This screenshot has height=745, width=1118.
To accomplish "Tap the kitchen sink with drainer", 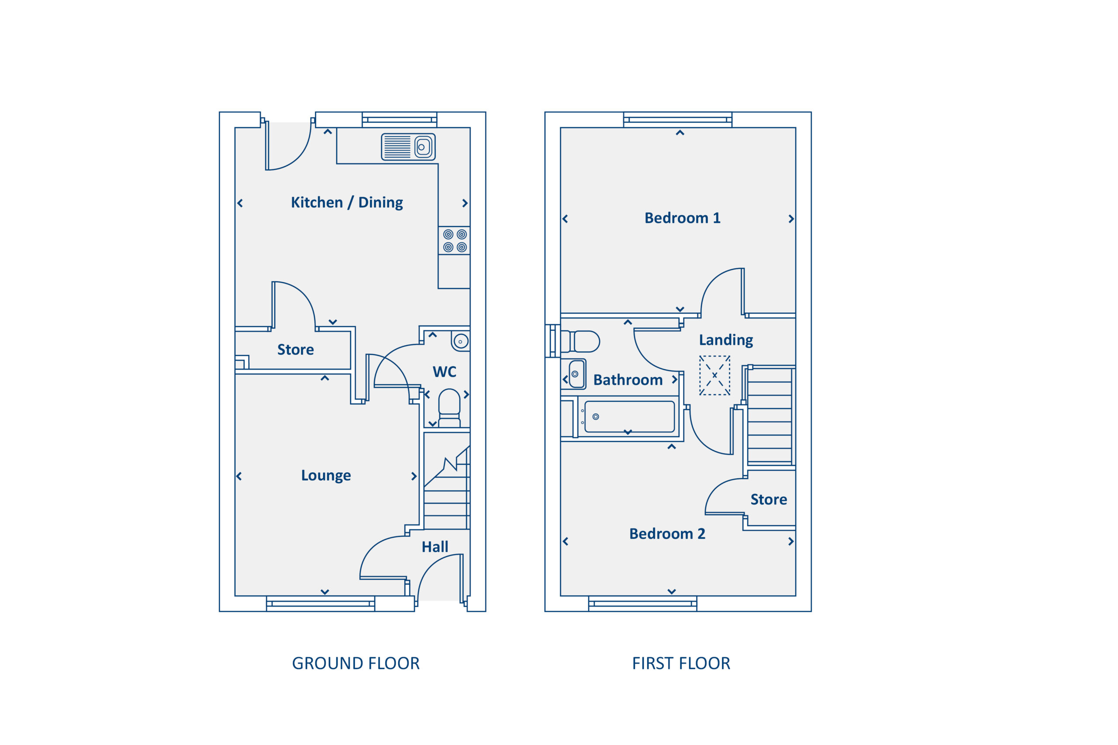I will [x=408, y=147].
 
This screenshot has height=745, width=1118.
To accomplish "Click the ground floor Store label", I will [x=295, y=350].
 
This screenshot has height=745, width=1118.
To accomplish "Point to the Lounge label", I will [x=326, y=475].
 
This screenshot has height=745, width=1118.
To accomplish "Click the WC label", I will [x=444, y=371].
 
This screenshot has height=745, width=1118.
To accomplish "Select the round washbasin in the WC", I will [x=460, y=341].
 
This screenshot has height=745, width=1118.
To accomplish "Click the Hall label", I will [x=435, y=547].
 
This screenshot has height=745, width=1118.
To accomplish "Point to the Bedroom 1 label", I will [x=682, y=218].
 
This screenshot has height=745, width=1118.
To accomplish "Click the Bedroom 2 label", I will [x=667, y=534].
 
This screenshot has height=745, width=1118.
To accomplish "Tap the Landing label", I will [x=725, y=340].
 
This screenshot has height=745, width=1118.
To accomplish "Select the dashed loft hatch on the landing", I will [x=714, y=375].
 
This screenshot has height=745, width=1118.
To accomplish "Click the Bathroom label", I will [x=628, y=380].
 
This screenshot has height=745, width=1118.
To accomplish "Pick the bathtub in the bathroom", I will [x=629, y=417].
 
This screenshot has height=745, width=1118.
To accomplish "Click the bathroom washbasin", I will [x=576, y=374].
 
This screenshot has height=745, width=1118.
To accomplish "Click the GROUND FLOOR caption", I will [x=355, y=663].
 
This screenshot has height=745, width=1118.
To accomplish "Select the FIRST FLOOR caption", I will [x=681, y=663].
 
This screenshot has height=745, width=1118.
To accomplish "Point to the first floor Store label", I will [x=768, y=499].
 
